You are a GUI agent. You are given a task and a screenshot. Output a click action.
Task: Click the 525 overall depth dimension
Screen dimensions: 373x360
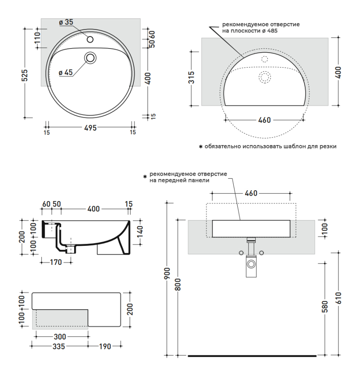(x=25, y=75)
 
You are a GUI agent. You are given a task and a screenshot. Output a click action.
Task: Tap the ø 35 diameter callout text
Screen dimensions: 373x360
(x=66, y=22)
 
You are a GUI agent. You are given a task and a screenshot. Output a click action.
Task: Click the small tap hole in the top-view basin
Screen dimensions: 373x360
(x=90, y=40)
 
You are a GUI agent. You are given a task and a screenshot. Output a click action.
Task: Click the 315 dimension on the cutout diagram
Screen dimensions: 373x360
(x=192, y=77)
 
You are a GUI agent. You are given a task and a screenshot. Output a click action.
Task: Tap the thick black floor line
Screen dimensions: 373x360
(x=252, y=356)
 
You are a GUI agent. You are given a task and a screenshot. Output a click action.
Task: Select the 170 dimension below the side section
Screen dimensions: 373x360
(x=56, y=262)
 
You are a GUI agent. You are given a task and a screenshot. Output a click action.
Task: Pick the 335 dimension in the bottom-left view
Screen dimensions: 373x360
(x=59, y=346)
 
